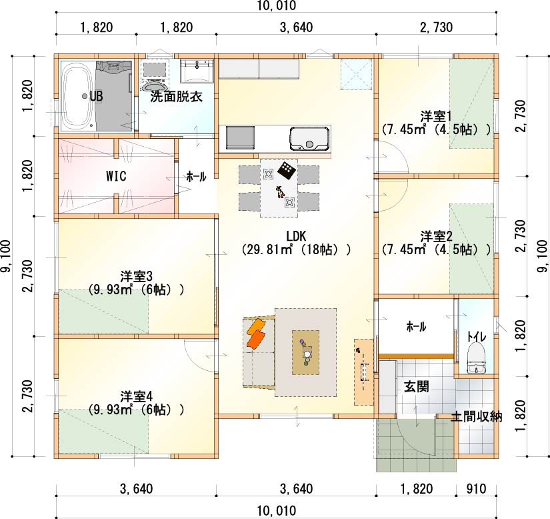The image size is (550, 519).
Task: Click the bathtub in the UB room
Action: tap(78, 96)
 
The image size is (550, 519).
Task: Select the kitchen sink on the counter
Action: tap(310, 138)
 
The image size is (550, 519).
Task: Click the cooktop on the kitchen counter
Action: tap(240, 138)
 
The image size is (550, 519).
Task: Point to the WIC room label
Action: tap(116, 176)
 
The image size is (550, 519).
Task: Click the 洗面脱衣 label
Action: tap(177, 97)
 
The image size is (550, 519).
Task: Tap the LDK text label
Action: tap(297, 236)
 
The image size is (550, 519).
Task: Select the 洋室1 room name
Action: tap(437, 116)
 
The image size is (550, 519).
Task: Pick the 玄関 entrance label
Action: tap(417, 387)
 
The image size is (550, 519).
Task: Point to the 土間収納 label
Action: tap(477, 416)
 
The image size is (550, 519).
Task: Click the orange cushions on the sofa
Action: tap(256, 333)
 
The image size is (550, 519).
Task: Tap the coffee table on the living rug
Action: tap(306, 352)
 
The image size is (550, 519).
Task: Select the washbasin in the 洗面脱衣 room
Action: tap(197, 71)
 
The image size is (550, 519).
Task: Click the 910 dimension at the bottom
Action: tap(476, 488)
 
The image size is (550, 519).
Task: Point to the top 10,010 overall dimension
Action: tap(277, 5)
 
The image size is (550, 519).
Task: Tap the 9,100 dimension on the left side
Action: tap(6, 256)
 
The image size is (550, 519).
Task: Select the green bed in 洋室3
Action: tap(103, 311)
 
